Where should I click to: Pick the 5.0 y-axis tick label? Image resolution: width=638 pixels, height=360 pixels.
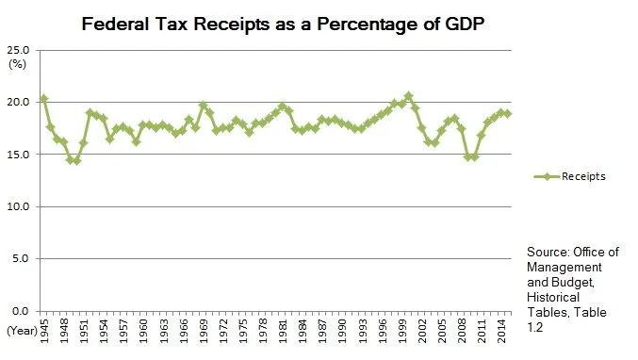pyautogui.click(x=22, y=258)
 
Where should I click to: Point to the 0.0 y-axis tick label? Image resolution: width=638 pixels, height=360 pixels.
pyautogui.click(x=22, y=311)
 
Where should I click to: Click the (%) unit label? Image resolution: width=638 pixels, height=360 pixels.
pyautogui.click(x=17, y=63)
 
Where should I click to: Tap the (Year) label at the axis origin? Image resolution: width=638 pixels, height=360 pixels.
pyautogui.click(x=21, y=331)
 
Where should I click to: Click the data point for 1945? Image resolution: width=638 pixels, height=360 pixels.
pyautogui.click(x=44, y=99)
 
